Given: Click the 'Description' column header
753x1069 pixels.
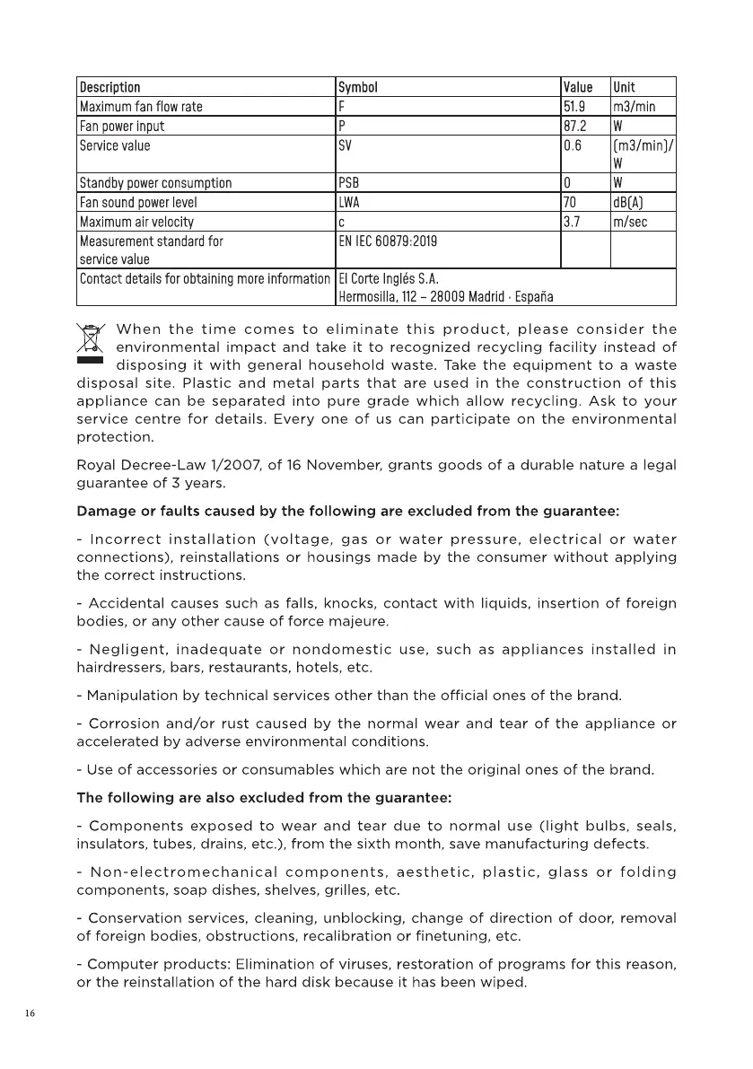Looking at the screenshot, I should (110, 87).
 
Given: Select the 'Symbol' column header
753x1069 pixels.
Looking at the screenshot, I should (357, 87).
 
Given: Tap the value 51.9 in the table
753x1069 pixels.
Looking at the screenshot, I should (574, 107).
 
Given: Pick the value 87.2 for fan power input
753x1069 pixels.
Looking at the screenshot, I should (574, 127).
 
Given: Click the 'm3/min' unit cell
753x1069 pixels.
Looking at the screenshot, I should (634, 107).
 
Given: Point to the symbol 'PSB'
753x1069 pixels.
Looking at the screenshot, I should (349, 183).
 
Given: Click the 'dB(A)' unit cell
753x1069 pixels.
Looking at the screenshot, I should (629, 203).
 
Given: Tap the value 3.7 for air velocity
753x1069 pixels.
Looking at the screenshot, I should (572, 222).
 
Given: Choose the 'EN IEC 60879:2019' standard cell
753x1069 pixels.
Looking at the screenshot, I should (388, 241).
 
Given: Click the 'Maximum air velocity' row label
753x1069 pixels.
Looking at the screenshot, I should (136, 222).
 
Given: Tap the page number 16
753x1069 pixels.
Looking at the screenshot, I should (30, 1013).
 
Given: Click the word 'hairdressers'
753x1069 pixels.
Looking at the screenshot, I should (113, 668).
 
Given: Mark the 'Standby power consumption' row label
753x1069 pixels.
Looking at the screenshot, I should (155, 183).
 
